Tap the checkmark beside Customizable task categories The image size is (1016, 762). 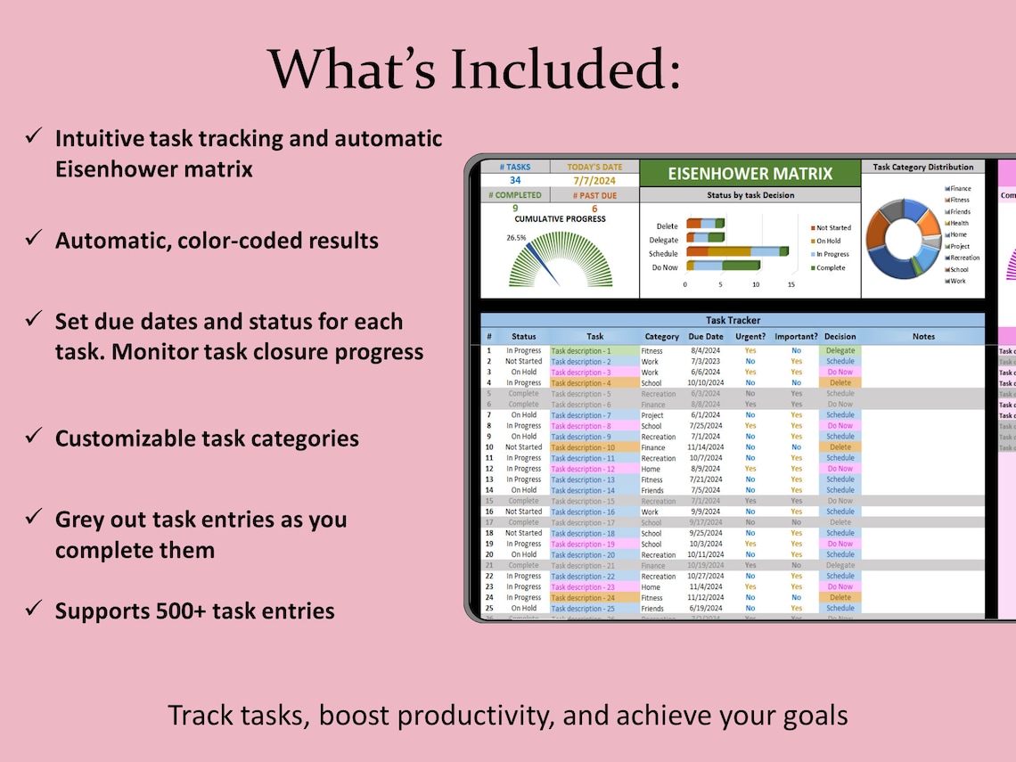(x=35, y=437)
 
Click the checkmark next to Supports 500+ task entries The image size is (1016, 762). (x=35, y=610)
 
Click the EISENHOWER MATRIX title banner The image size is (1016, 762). (x=750, y=174)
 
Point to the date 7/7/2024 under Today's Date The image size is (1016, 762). (x=594, y=180)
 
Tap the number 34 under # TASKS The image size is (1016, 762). (x=515, y=180)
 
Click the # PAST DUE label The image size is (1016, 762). (x=594, y=194)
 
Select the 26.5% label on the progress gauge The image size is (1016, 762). (x=516, y=238)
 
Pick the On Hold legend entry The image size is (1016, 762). (x=828, y=241)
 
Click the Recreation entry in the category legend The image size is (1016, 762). (x=964, y=258)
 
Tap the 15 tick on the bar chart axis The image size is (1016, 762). (x=791, y=284)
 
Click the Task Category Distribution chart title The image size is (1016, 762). (x=922, y=167)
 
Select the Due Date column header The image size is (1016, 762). (x=706, y=337)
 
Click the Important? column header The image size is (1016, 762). (x=795, y=337)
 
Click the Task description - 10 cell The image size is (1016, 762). (x=584, y=447)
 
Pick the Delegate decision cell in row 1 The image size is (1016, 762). (x=840, y=350)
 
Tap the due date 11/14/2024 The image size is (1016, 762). (x=706, y=447)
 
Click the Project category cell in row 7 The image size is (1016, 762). (x=653, y=415)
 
